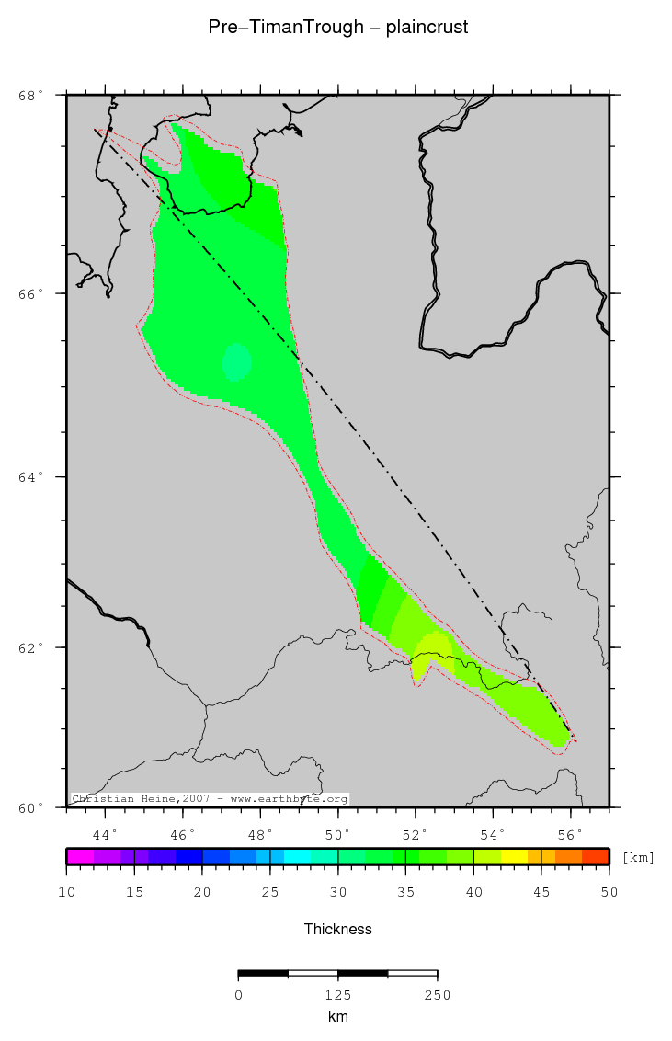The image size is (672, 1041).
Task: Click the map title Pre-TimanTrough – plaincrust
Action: tap(338, 28)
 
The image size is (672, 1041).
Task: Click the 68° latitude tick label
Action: tap(31, 95)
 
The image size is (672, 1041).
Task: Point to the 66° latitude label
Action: tap(31, 293)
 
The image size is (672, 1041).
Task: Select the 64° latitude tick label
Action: tap(31, 477)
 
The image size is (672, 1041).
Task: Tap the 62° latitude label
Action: tap(31, 647)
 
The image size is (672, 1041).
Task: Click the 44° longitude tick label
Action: tap(106, 834)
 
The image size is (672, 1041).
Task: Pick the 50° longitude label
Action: tap(338, 834)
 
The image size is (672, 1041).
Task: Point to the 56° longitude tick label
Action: tap(571, 834)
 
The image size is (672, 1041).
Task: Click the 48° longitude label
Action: tap(261, 834)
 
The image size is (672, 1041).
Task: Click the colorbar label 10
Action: tap(66, 892)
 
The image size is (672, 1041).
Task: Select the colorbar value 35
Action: tap(406, 892)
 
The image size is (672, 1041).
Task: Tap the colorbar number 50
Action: tap(609, 892)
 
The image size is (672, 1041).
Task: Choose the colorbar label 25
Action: tap(270, 892)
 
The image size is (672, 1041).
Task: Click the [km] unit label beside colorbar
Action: tap(639, 857)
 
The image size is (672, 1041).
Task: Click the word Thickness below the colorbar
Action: tap(338, 929)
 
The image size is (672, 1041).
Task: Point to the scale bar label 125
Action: tap(338, 994)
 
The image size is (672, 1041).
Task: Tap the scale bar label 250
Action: tap(437, 994)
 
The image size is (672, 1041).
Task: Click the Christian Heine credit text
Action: tap(210, 799)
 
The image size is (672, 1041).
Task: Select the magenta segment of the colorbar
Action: tap(80, 856)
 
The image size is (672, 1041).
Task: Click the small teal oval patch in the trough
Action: tap(237, 362)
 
